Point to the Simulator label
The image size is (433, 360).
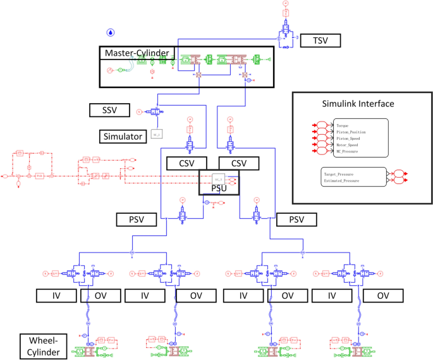coord(121,135)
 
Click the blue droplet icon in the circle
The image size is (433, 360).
coord(111,32)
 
